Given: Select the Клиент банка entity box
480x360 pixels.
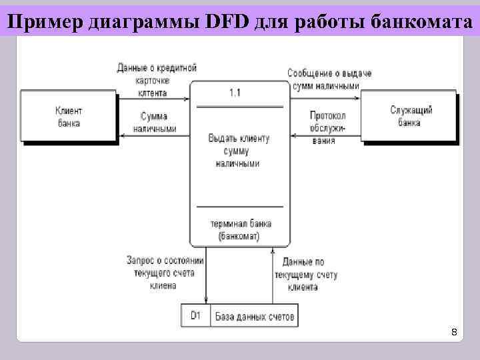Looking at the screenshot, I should [68, 117].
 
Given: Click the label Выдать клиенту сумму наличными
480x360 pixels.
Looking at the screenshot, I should [239, 151].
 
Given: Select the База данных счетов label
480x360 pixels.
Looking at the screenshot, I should [254, 317].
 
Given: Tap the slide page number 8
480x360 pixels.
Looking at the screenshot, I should [454, 331].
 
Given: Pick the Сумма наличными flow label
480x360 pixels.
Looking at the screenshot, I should [154, 122].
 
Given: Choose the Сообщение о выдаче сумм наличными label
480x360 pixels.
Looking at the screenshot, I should [329, 79].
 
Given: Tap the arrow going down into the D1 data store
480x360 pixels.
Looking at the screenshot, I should [206, 280].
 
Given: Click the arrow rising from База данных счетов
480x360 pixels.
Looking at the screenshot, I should [272, 280].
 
